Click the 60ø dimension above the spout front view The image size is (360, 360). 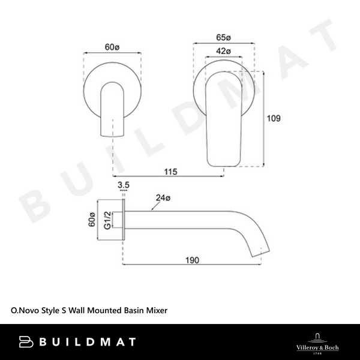[x=114, y=47]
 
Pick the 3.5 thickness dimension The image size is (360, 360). [x=124, y=185]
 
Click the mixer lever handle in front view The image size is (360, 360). [x=223, y=120]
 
